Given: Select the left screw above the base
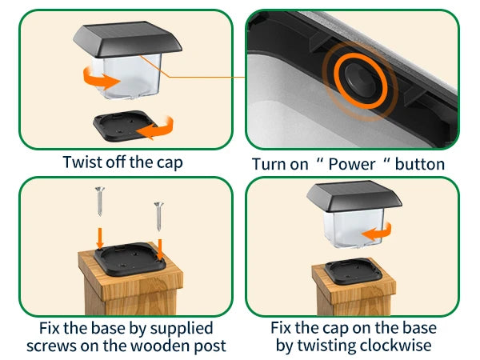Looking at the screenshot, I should (x=99, y=201).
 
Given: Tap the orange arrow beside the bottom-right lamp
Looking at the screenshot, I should (x=378, y=231).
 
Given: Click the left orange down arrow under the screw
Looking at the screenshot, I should (x=99, y=237).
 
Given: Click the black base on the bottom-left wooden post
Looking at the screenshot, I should (x=129, y=257).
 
